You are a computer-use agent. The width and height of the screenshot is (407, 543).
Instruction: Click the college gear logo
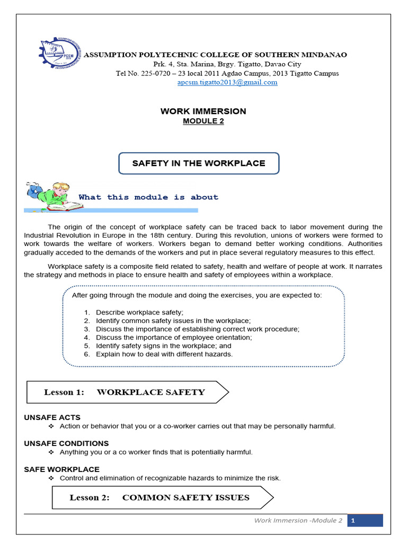coord(60,55)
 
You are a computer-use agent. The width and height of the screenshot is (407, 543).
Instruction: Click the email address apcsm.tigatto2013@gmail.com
coord(227,82)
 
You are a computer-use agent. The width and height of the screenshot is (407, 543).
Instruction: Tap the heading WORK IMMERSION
coord(203,111)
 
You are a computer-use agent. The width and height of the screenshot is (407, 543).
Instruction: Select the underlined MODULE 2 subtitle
coord(203,121)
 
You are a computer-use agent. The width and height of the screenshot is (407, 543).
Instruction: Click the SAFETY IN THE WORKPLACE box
coord(198,163)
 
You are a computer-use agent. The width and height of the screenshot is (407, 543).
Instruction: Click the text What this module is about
coord(148,197)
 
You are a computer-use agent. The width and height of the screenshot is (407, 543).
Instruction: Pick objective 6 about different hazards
coord(164,354)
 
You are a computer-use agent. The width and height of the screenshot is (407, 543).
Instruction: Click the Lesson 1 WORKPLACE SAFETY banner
coord(127,392)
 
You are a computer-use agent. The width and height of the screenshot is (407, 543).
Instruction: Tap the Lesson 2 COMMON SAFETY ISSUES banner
coord(162,497)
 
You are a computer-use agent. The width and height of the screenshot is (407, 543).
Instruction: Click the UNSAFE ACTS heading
coord(52,417)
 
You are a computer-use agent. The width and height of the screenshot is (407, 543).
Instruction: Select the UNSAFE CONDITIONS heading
coord(66,443)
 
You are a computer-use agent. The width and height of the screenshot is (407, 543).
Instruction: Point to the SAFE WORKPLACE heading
coord(61,469)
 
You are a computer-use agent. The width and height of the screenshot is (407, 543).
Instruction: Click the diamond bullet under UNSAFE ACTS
coord(51,426)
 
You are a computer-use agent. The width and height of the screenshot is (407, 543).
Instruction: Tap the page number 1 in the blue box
coord(352,521)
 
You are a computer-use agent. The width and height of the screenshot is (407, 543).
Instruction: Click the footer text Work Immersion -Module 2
coord(298,521)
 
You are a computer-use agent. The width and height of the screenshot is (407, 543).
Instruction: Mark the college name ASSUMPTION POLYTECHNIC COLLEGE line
coord(216,55)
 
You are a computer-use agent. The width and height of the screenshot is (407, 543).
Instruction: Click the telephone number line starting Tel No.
coord(227,73)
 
